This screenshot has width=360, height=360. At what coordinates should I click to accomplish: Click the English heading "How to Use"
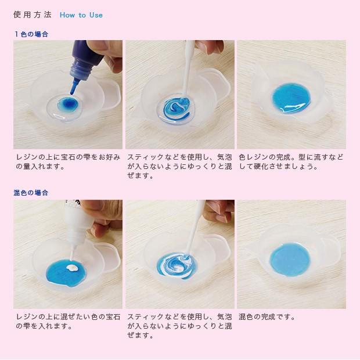click(81, 15)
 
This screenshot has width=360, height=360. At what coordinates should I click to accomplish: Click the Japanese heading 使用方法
click(33, 15)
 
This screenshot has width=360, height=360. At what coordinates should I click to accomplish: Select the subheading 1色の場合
click(31, 34)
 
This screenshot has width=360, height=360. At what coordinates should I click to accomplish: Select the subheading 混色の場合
click(31, 193)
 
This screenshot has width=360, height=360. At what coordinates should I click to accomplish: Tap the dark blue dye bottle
click(86, 61)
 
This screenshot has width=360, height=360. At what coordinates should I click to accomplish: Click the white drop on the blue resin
click(73, 267)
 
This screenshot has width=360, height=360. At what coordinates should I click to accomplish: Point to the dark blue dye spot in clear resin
click(69, 104)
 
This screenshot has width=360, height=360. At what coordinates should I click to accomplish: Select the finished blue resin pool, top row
click(291, 99)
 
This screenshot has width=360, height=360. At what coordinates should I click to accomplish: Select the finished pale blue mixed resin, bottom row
click(290, 260)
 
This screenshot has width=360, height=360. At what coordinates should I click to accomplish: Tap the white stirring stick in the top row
click(188, 69)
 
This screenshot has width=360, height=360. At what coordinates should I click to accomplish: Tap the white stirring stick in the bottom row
click(195, 229)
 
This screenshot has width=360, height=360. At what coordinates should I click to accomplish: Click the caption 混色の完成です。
click(267, 317)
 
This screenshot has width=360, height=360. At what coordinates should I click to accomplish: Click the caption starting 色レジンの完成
click(291, 161)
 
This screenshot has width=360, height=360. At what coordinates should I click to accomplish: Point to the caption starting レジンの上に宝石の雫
click(68, 161)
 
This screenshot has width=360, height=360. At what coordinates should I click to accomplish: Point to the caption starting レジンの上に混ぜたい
click(68, 321)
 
